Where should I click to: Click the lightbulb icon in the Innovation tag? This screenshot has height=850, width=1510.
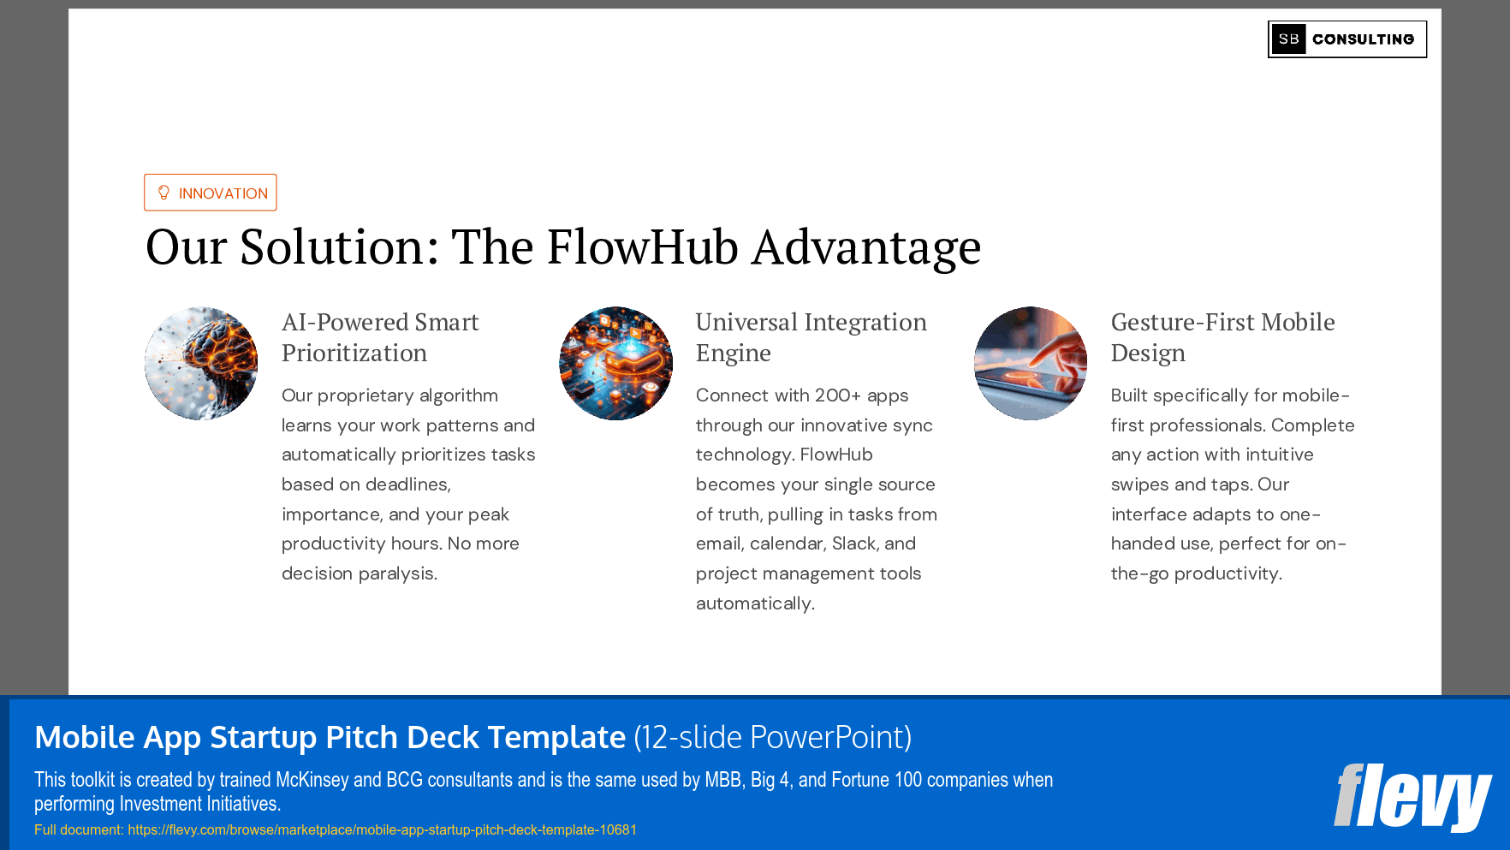[x=163, y=193]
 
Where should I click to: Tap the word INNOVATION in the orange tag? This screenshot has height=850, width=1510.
[x=223, y=193]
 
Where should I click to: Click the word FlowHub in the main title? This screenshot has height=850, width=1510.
[x=642, y=247]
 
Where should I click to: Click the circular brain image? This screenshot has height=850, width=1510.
[x=201, y=363]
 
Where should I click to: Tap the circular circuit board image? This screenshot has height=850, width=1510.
[x=615, y=363]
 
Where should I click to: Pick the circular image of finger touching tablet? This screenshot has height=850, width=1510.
[x=1030, y=363]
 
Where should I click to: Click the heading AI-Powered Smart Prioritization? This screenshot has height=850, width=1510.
[x=379, y=337]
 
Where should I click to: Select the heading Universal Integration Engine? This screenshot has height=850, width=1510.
[x=810, y=337]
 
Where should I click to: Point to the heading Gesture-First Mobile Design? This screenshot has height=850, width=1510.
[x=1222, y=337]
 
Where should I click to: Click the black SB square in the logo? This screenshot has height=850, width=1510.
[x=1288, y=39]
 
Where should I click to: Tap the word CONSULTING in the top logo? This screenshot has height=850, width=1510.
[x=1363, y=39]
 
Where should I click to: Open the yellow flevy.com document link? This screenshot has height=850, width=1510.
[x=382, y=829]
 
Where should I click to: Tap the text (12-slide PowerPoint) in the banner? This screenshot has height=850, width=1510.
[x=772, y=737]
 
